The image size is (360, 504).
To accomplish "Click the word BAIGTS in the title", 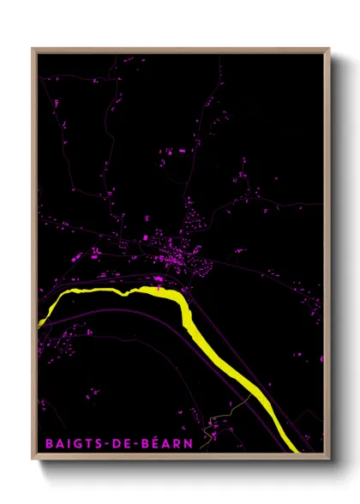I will (71, 443).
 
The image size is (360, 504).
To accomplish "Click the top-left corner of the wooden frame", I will (33, 49).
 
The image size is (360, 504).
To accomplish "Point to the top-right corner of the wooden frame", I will (329, 49).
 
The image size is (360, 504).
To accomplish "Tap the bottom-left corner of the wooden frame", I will (33, 459).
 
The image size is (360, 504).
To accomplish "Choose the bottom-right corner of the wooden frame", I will (329, 459).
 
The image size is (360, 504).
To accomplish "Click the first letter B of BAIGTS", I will (48, 443).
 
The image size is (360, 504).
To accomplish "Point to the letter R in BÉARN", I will (177, 443).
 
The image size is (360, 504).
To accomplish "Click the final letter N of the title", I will (189, 443).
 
